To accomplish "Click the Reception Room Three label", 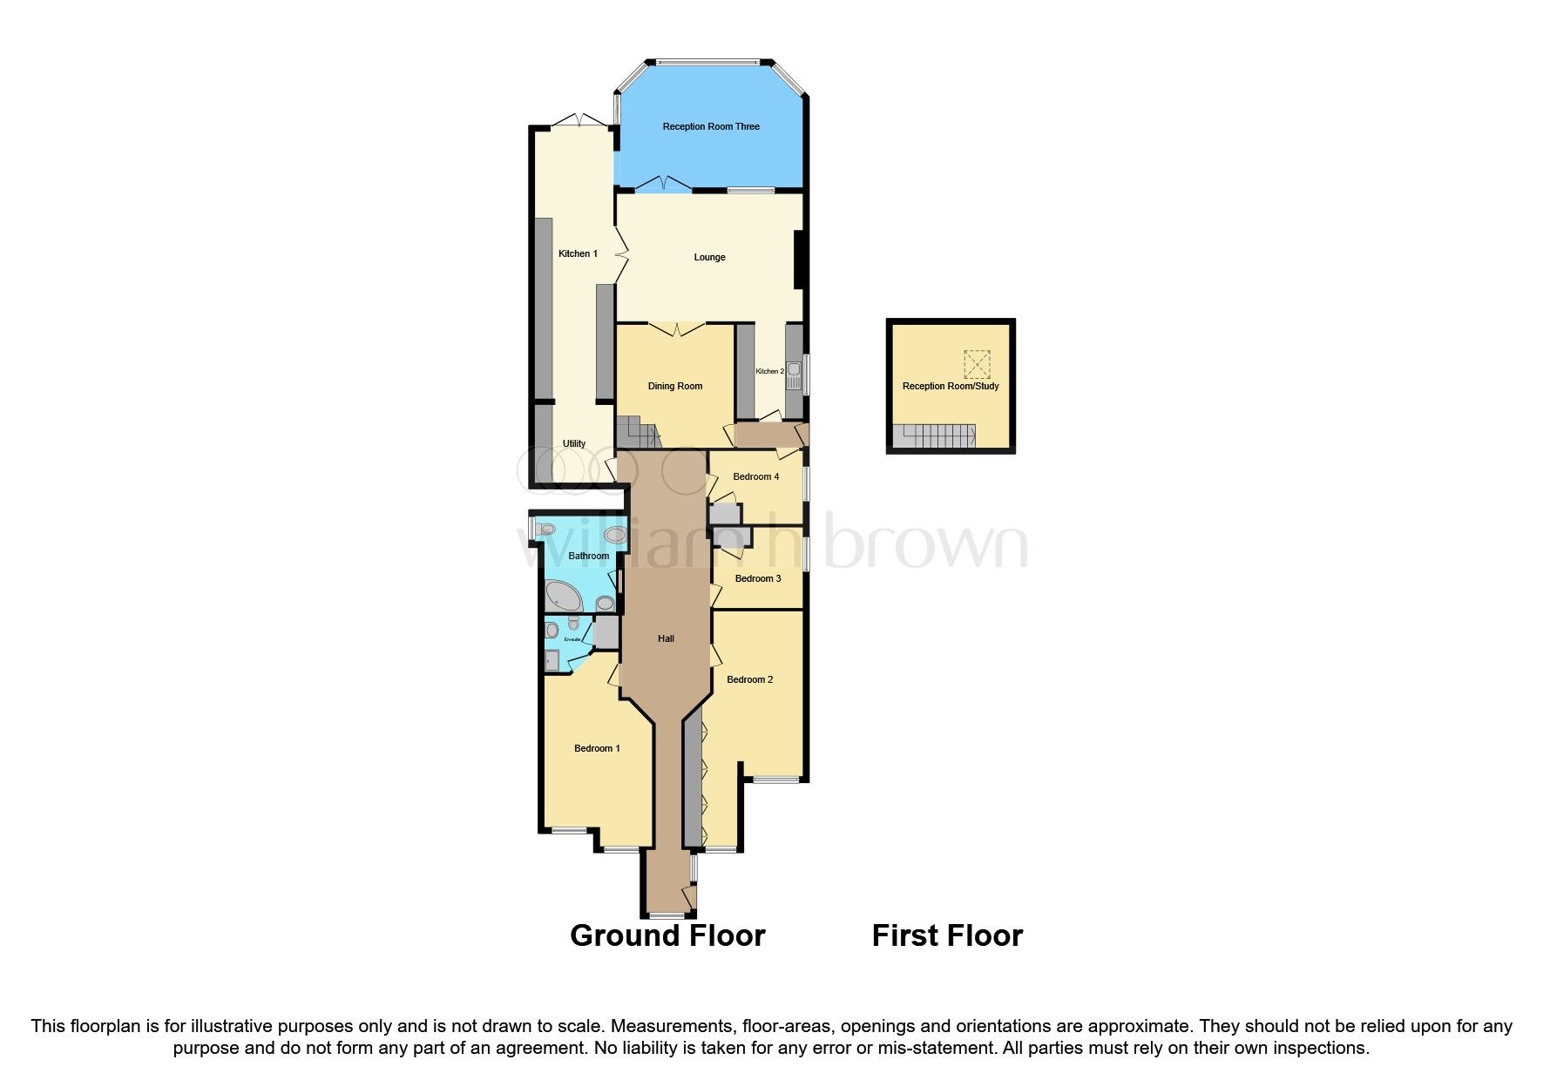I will pyautogui.click(x=711, y=127).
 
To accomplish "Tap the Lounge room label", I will pyautogui.click(x=709, y=258).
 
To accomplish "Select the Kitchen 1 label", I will pyautogui.click(x=578, y=254).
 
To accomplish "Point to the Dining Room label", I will pyautogui.click(x=674, y=387).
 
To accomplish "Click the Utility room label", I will pyautogui.click(x=574, y=444).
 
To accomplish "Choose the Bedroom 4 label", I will pyautogui.click(x=755, y=477).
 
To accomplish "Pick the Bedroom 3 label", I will pyautogui.click(x=757, y=579).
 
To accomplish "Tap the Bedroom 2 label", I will pyautogui.click(x=749, y=680).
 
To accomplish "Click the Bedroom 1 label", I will pyautogui.click(x=597, y=749).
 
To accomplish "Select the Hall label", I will pyautogui.click(x=666, y=639).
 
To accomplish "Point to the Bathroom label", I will pyautogui.click(x=588, y=557).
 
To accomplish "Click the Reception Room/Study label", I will pyautogui.click(x=950, y=387).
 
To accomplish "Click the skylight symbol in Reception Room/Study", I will pyautogui.click(x=977, y=363).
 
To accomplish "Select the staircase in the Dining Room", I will pyautogui.click(x=636, y=433).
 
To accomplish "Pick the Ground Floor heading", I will pyautogui.click(x=667, y=936).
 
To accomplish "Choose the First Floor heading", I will pyautogui.click(x=947, y=936).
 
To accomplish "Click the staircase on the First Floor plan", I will pyautogui.click(x=936, y=436).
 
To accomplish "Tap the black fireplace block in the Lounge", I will pyautogui.click(x=798, y=260).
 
